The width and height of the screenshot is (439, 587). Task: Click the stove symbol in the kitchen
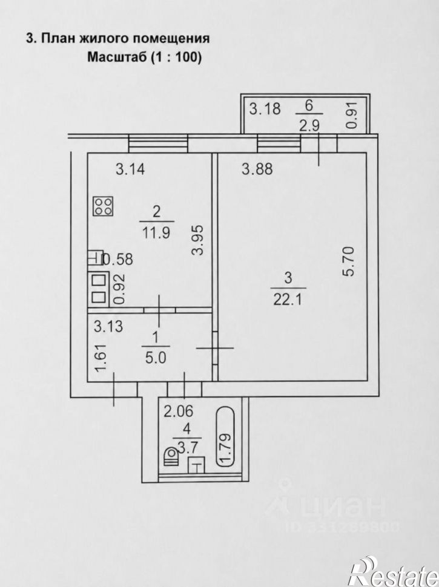pos(104,206)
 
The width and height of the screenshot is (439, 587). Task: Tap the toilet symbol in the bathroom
pos(171,456)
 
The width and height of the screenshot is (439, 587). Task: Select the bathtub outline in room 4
pos(225,437)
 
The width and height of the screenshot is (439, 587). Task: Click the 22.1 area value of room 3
pos(288,300)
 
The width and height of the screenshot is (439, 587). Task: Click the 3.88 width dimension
pos(257,169)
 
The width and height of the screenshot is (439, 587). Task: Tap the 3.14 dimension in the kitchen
pos(130,169)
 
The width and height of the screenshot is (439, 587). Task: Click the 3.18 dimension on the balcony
pos(265,109)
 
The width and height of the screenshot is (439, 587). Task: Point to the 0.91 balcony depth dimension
pos(352,116)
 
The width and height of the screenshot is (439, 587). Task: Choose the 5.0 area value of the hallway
pos(156,358)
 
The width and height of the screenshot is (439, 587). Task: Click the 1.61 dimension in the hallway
pos(102,358)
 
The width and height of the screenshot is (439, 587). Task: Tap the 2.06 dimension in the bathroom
pos(179,412)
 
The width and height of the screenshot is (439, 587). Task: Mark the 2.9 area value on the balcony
pos(309,126)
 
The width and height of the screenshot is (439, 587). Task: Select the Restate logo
pos(394,571)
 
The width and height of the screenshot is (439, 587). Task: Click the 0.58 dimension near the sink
pos(117,260)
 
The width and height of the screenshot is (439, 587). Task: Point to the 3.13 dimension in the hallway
pos(108,326)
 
